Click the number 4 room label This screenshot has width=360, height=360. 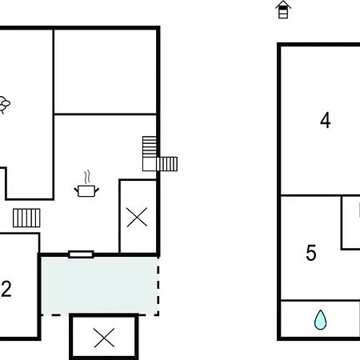326,120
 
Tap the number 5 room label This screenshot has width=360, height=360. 311,253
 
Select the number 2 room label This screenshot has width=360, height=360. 6,289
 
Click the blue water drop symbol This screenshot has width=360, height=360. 320,320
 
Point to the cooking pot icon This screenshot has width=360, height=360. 86,191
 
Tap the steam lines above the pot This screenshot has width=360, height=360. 87,177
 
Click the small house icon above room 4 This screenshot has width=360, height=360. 283,10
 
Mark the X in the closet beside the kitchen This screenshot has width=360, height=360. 137,217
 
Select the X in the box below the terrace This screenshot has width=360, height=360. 104,338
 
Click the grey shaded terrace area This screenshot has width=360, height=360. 99,286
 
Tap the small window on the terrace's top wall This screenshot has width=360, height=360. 81,254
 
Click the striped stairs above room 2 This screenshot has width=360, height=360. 26,218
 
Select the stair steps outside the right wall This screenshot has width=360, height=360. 167,164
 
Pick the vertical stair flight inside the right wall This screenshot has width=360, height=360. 150,146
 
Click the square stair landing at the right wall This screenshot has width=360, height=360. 150,164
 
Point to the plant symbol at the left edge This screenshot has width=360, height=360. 4,105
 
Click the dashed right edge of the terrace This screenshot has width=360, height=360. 158,286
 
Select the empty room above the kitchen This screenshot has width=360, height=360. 105,71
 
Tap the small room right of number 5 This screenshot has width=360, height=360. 351,222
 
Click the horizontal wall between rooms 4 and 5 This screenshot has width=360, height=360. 321,195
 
